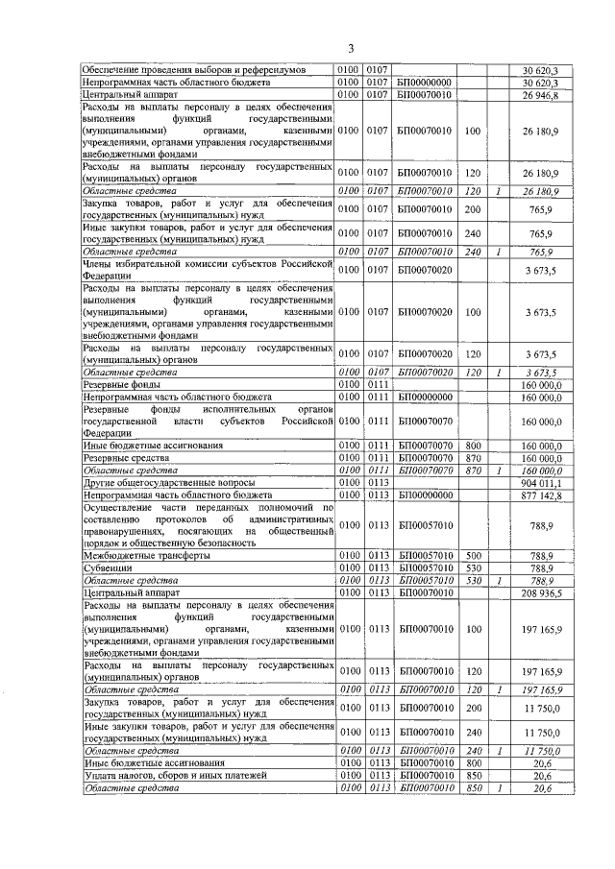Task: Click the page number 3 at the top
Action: click(351, 49)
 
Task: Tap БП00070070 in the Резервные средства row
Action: click(425, 458)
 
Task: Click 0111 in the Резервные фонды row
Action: click(378, 384)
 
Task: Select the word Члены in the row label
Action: click(101, 261)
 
